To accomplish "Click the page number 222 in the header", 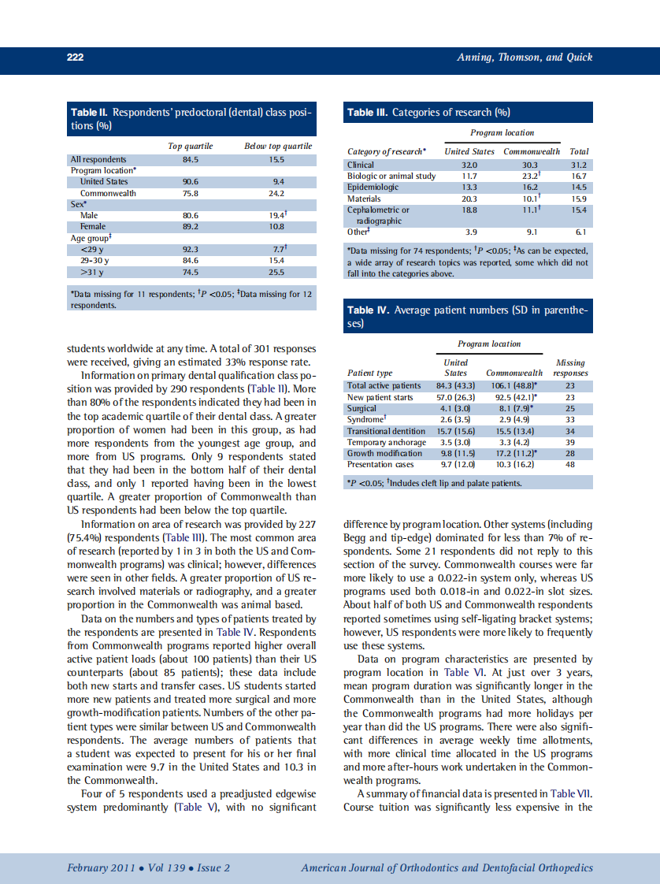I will click(76, 58).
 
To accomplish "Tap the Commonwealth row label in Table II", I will click(107, 192).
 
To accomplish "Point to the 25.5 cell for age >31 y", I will click(276, 272).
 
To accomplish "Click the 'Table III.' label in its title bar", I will click(367, 112).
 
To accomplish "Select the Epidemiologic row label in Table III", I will click(373, 188).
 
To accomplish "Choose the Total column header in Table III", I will click(579, 151).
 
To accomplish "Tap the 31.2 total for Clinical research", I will click(579, 165).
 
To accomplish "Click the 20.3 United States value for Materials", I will click(469, 199).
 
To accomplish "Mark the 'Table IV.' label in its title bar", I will click(368, 310).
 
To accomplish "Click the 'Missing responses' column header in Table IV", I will click(570, 368).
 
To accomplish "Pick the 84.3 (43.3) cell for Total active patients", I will click(455, 385).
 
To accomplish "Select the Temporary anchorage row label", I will click(387, 442).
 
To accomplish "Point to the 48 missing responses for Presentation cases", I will click(570, 465).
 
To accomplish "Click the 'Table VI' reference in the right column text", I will click(458, 672).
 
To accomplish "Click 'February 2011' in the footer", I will click(96, 868).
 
